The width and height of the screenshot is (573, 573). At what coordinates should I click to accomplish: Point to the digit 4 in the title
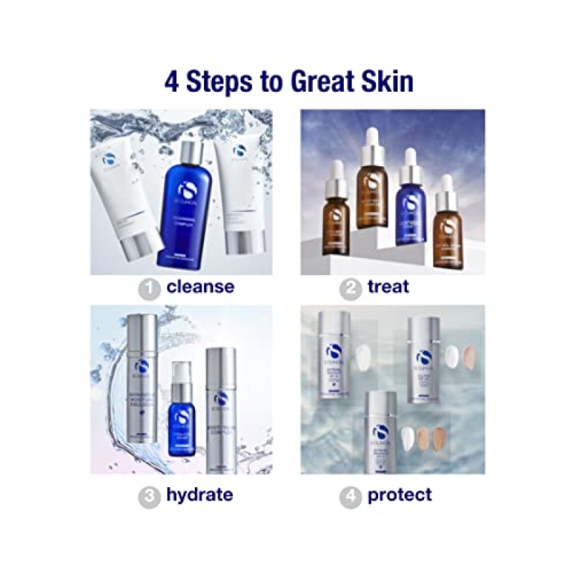click(x=173, y=81)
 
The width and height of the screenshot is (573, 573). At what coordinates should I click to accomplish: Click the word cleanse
click(x=200, y=287)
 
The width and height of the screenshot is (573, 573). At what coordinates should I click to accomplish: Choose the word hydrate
click(x=200, y=494)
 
